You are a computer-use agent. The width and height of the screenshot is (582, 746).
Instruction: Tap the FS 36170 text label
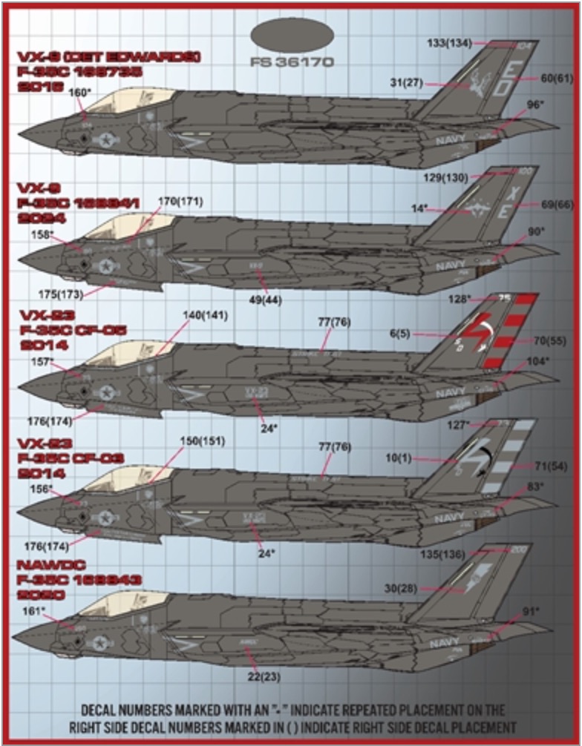pyautogui.click(x=292, y=62)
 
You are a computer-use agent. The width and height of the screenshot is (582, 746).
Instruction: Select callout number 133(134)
pyautogui.click(x=449, y=42)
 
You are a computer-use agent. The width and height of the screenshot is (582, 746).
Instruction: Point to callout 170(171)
pyautogui.click(x=180, y=201)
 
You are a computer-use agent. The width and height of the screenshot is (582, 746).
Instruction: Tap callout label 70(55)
pyautogui.click(x=550, y=341)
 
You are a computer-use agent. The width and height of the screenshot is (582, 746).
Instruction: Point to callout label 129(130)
pyautogui.click(x=445, y=178)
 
